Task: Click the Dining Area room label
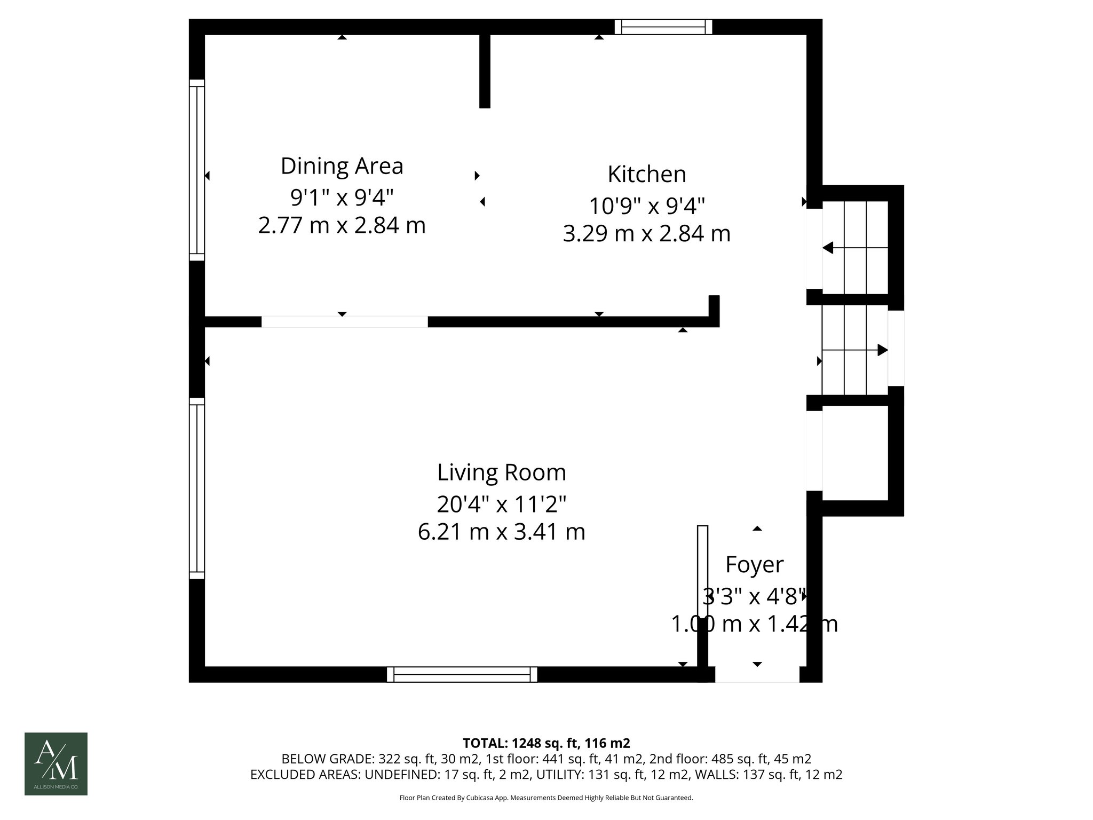(x=342, y=166)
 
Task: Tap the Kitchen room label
(x=646, y=175)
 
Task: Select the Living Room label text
(x=501, y=472)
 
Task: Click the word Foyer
(x=754, y=564)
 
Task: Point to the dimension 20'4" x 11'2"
(x=501, y=503)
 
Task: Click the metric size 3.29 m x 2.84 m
(x=646, y=234)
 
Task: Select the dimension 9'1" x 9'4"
(x=342, y=198)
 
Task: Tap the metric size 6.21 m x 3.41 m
(x=501, y=532)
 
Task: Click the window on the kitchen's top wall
(x=663, y=27)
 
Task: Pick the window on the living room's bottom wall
(x=462, y=674)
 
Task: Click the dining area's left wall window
(x=197, y=170)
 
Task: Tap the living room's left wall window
(x=197, y=488)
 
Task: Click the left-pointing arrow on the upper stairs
(x=828, y=248)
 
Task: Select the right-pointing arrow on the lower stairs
(x=882, y=350)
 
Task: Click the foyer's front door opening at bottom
(x=757, y=675)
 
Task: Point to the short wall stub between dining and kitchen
(x=485, y=70)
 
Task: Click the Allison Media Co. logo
(x=56, y=763)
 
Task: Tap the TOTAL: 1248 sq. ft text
(x=546, y=743)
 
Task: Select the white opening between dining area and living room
(x=344, y=321)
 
